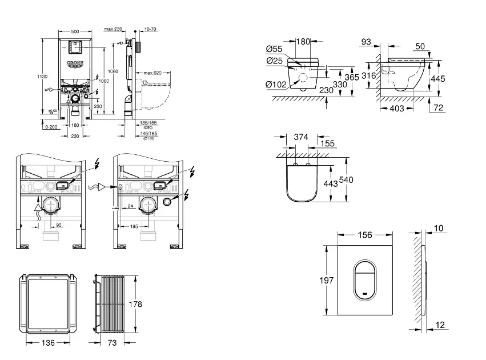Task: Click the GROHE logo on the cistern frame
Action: point(75,62)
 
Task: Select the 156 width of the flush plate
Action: point(364,235)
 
